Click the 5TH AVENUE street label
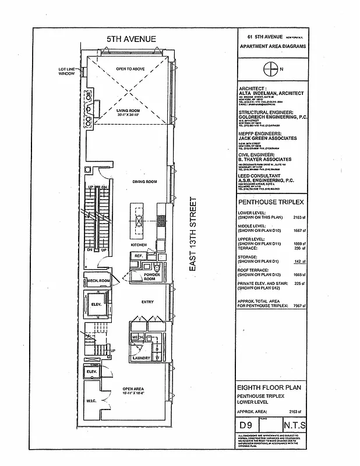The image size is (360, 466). pos(131,39)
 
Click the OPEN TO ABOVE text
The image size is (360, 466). pos(129,69)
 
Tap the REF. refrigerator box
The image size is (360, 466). pos(139,256)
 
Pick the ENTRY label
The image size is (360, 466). pos(147,302)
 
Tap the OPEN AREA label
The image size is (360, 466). pos(133,390)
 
